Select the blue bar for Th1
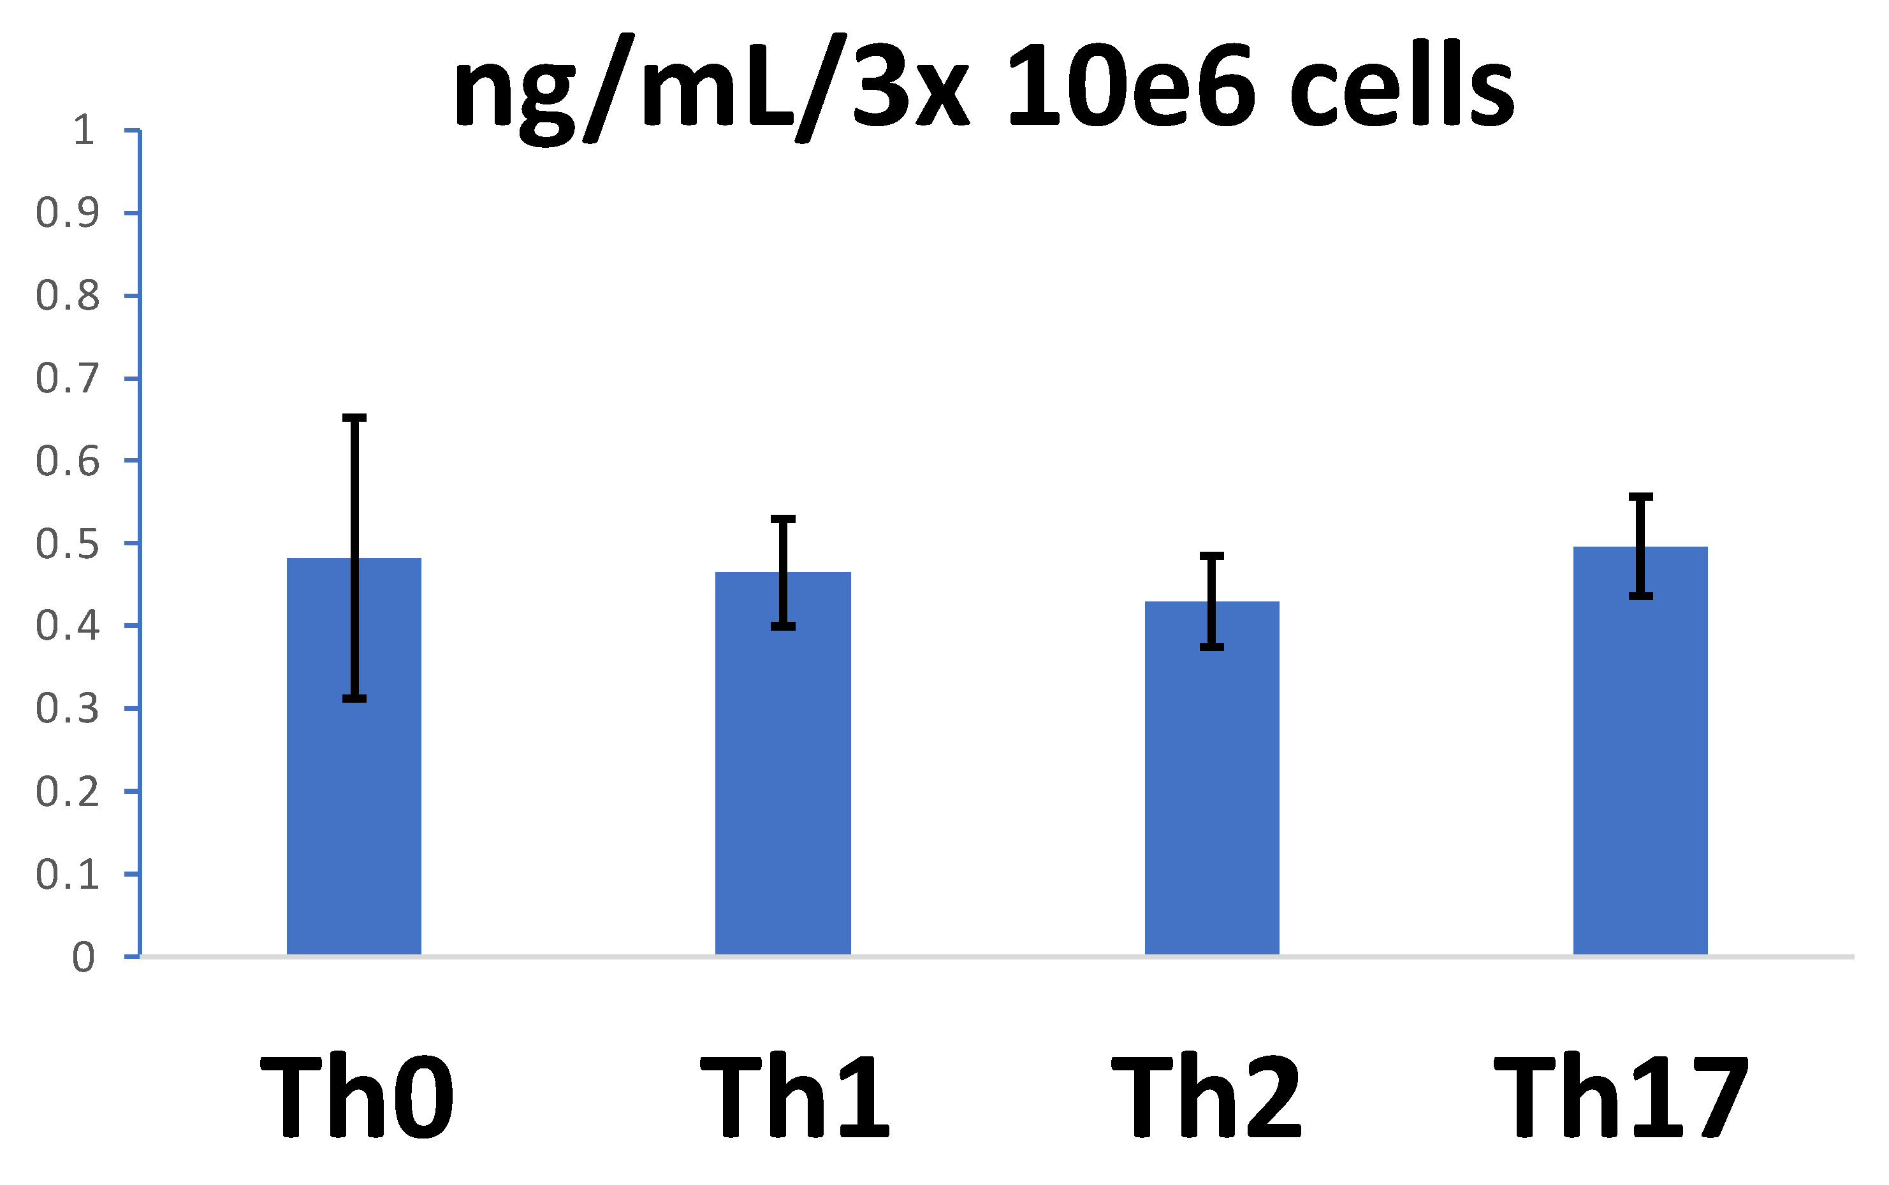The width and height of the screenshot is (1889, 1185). coord(783,784)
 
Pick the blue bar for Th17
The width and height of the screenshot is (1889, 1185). coord(1640,768)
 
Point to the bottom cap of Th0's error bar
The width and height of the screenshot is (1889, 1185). coord(354,698)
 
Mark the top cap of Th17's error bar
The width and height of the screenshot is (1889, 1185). coord(1640,497)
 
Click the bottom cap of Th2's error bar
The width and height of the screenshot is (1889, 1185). coord(1211,647)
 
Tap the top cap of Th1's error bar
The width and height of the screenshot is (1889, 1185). coord(783,519)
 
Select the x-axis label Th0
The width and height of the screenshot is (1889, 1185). coord(357,1097)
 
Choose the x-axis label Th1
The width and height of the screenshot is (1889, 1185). coord(794,1097)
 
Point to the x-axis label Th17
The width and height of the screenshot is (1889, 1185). coord(1622,1097)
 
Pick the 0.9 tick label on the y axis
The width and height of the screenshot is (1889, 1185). coord(68,213)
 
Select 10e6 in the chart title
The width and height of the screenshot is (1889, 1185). coord(1132,86)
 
